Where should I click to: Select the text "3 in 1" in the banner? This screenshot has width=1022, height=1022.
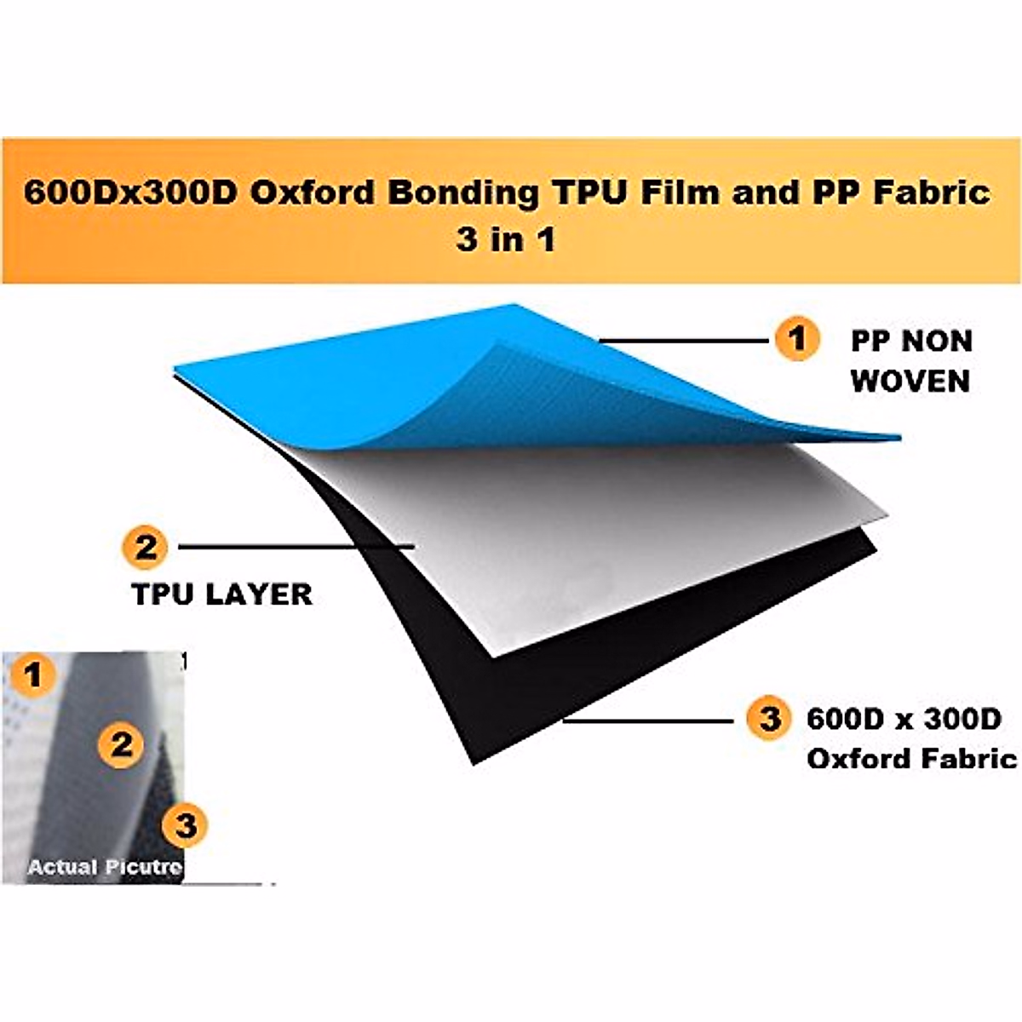(506, 239)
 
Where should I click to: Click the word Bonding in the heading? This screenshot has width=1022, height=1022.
(463, 192)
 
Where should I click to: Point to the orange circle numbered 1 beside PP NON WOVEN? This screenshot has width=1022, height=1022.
(796, 340)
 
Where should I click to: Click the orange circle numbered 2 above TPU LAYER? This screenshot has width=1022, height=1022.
(146, 546)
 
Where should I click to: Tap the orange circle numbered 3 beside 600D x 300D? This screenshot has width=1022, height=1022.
(769, 719)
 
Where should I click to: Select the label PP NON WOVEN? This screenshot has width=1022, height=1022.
(910, 361)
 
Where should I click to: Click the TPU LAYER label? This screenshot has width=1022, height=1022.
(222, 594)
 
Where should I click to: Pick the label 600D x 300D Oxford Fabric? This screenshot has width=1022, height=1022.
(910, 738)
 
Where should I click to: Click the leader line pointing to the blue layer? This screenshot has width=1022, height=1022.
(681, 341)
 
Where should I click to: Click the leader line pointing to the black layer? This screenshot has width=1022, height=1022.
(647, 721)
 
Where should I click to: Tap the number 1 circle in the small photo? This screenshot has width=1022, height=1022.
(33, 676)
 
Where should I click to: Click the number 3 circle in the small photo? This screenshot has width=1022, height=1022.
(186, 824)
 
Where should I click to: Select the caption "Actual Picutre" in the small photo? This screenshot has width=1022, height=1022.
(105, 867)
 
